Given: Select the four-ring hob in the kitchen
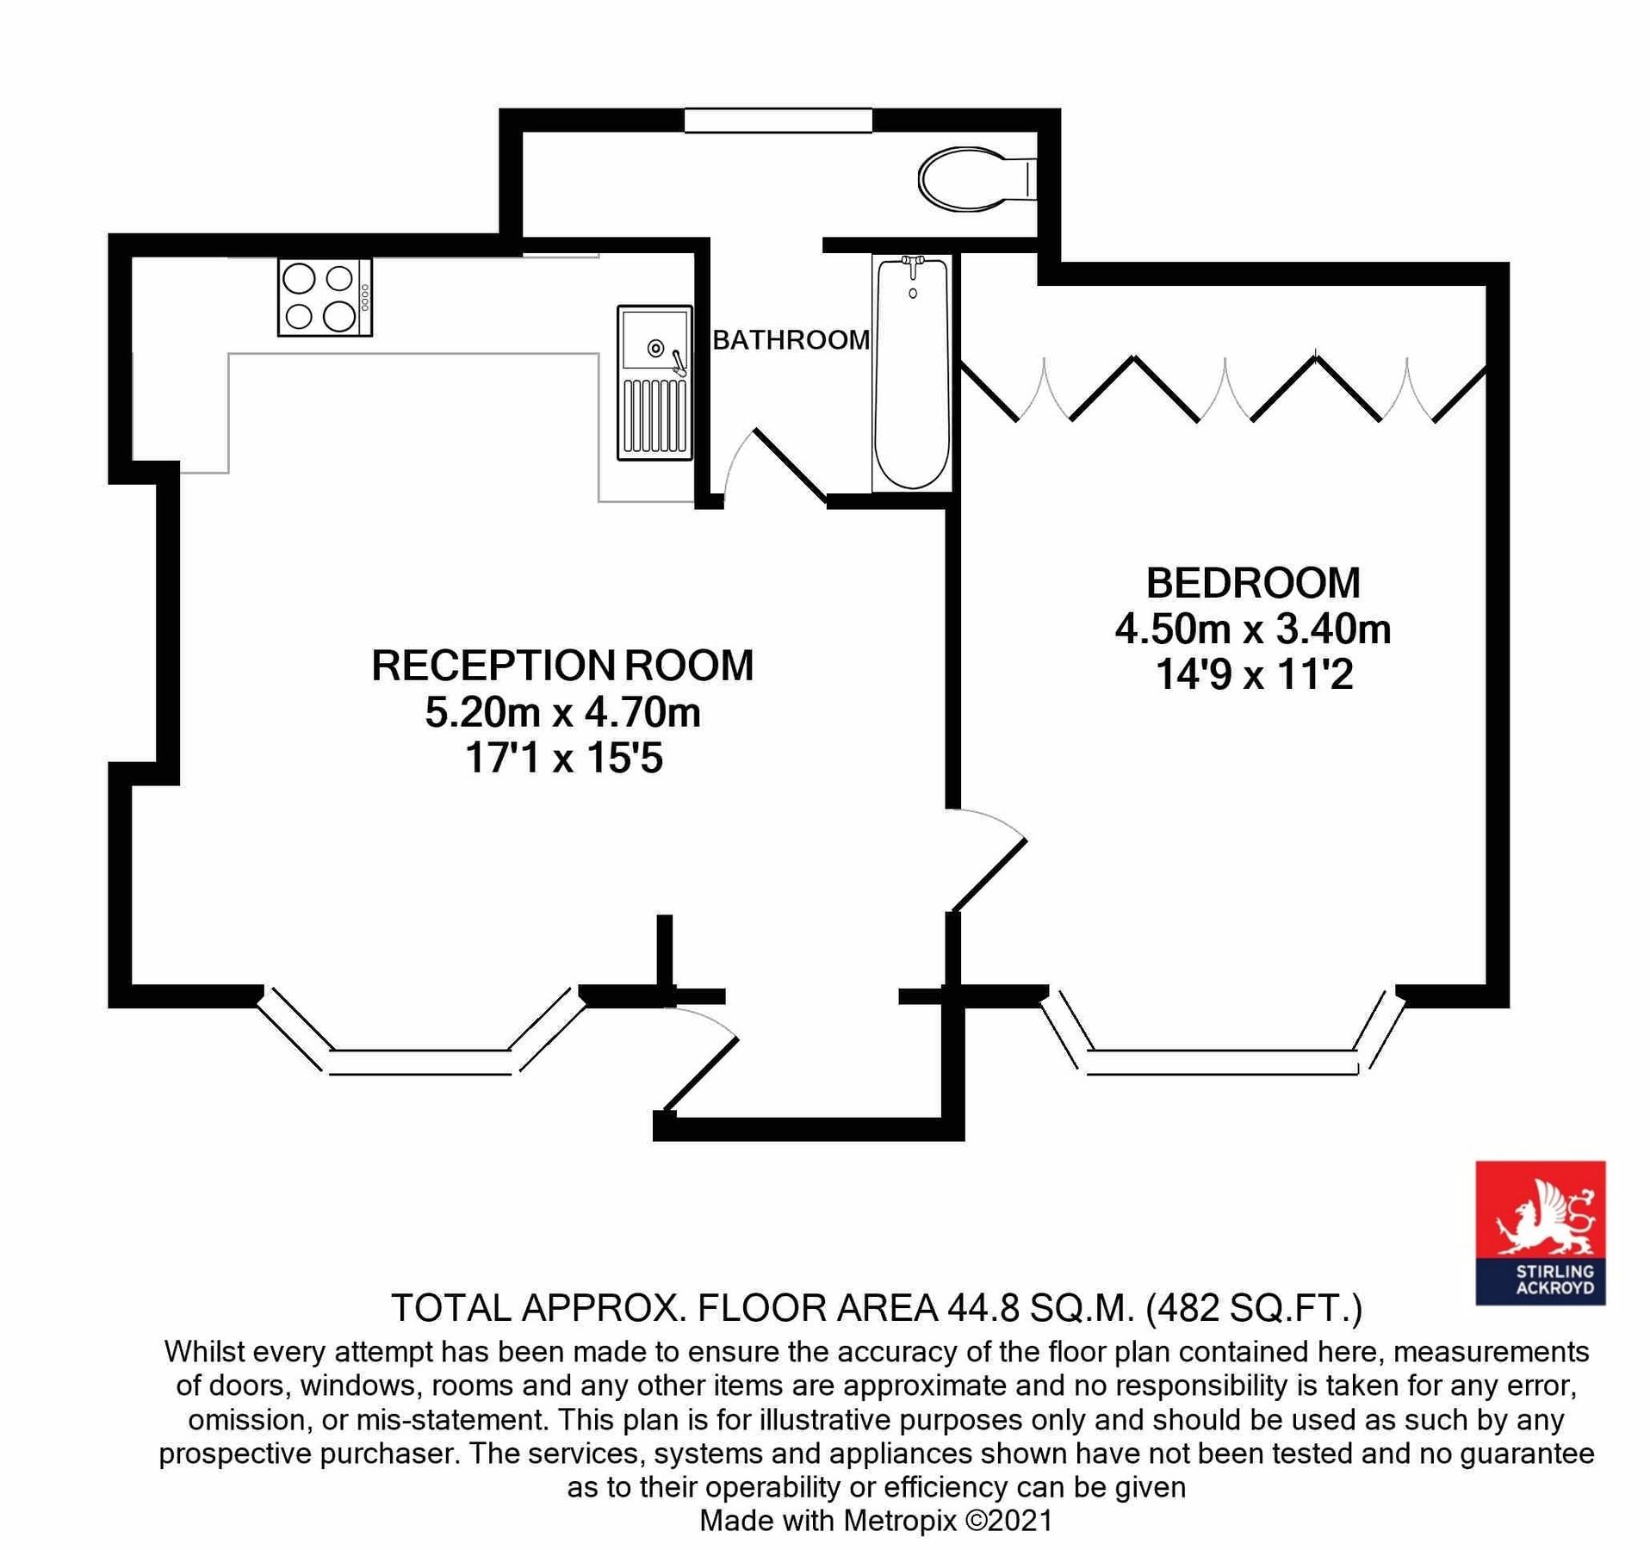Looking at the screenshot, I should pyautogui.click(x=325, y=297).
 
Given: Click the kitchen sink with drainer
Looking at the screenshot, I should pyautogui.click(x=654, y=382).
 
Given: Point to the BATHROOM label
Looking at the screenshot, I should pyautogui.click(x=791, y=340).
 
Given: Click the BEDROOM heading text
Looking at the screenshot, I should pyautogui.click(x=1252, y=583).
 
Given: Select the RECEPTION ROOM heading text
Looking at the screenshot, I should pyautogui.click(x=562, y=666).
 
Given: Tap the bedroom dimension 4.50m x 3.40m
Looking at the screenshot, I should pyautogui.click(x=1252, y=629).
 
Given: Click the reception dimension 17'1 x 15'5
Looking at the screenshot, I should pyautogui.click(x=563, y=759).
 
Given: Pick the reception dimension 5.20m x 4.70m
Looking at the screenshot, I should pyautogui.click(x=562, y=712).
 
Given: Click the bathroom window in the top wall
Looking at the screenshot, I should pyautogui.click(x=778, y=121).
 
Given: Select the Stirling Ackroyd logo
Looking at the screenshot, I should pyautogui.click(x=1540, y=1232).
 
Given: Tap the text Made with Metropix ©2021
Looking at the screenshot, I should pyautogui.click(x=876, y=1521).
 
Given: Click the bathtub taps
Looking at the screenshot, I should pyautogui.click(x=912, y=263).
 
